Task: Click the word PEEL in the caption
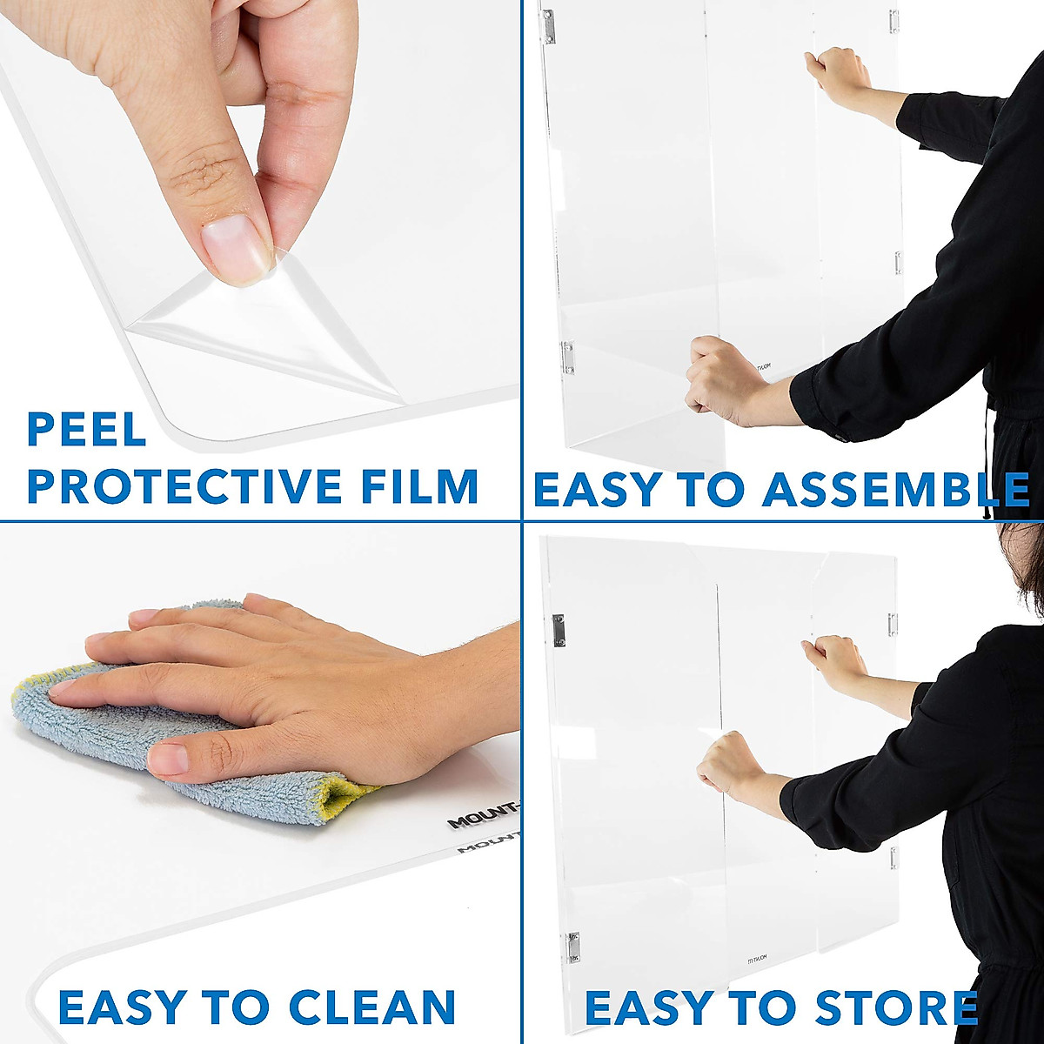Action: click(x=86, y=430)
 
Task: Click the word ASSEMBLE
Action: click(x=896, y=490)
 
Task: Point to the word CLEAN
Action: click(x=372, y=1007)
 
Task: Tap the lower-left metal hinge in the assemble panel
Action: click(x=567, y=357)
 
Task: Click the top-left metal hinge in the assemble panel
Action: click(x=548, y=26)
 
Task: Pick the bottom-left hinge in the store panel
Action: click(x=573, y=947)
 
